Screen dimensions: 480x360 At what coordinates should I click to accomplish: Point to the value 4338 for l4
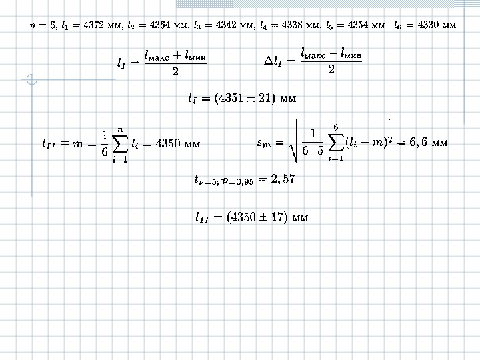click(x=285, y=25)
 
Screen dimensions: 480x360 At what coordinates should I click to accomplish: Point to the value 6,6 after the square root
click(x=418, y=142)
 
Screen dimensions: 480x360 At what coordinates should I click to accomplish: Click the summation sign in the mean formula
click(x=121, y=143)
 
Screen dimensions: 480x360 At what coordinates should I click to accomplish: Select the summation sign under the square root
click(x=336, y=142)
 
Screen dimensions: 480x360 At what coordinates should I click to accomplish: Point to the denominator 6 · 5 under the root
click(x=312, y=150)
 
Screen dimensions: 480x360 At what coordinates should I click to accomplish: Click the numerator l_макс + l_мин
click(x=175, y=54)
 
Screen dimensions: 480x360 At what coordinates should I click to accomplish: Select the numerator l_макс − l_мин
click(x=331, y=51)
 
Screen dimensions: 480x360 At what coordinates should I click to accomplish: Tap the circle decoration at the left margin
click(x=31, y=81)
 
